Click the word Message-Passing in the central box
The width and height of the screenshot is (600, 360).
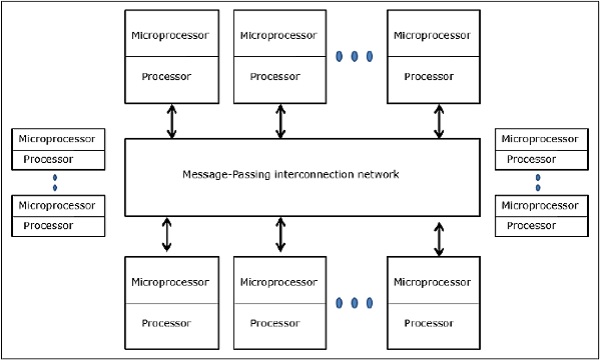218,174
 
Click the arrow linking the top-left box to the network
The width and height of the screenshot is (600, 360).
171,121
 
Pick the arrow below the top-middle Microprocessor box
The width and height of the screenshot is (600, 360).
280,121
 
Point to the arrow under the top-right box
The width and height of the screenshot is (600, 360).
438,121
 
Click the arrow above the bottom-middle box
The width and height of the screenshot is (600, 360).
280,236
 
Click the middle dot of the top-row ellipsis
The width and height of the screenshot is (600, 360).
355,55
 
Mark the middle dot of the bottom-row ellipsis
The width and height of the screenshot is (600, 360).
355,301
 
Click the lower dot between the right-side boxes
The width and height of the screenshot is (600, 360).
538,187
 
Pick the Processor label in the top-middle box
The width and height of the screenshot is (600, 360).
275,75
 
